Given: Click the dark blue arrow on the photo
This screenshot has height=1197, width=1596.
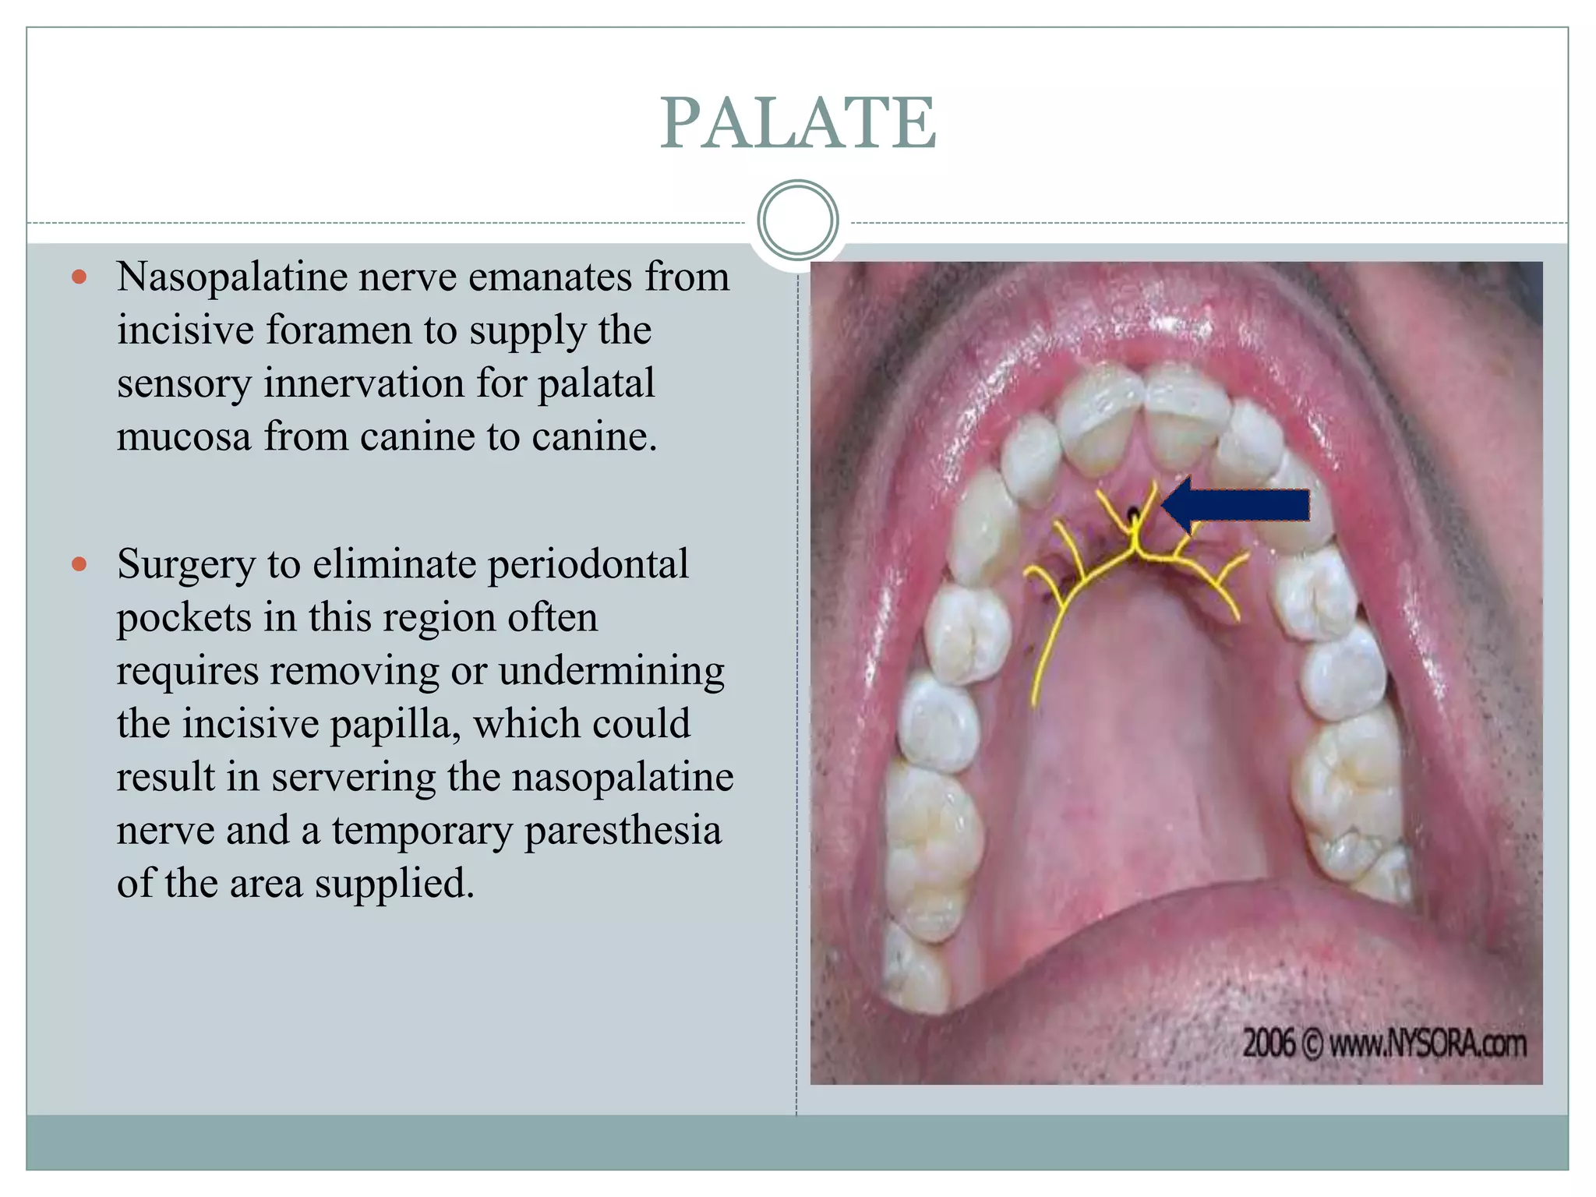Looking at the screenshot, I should click(1236, 506).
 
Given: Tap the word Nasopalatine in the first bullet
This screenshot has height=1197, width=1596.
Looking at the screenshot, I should click(231, 277).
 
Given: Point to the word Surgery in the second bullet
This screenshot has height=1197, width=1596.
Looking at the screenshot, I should click(185, 566).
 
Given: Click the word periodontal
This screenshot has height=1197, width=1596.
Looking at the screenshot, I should click(588, 564).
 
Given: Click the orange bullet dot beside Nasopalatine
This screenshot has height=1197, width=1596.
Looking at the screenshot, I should click(79, 277).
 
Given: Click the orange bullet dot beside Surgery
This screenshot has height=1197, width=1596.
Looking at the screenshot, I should click(79, 564).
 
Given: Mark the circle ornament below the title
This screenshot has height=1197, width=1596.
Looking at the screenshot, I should click(797, 220).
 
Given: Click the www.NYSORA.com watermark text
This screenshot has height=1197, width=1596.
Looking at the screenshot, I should click(1427, 1044).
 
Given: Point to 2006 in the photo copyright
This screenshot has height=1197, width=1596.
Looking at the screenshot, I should click(1269, 1044).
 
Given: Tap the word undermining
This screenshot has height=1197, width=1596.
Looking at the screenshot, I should click(611, 671).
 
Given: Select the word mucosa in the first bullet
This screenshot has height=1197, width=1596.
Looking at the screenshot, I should click(184, 436).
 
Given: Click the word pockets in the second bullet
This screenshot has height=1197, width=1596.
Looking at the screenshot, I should click(184, 619).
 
